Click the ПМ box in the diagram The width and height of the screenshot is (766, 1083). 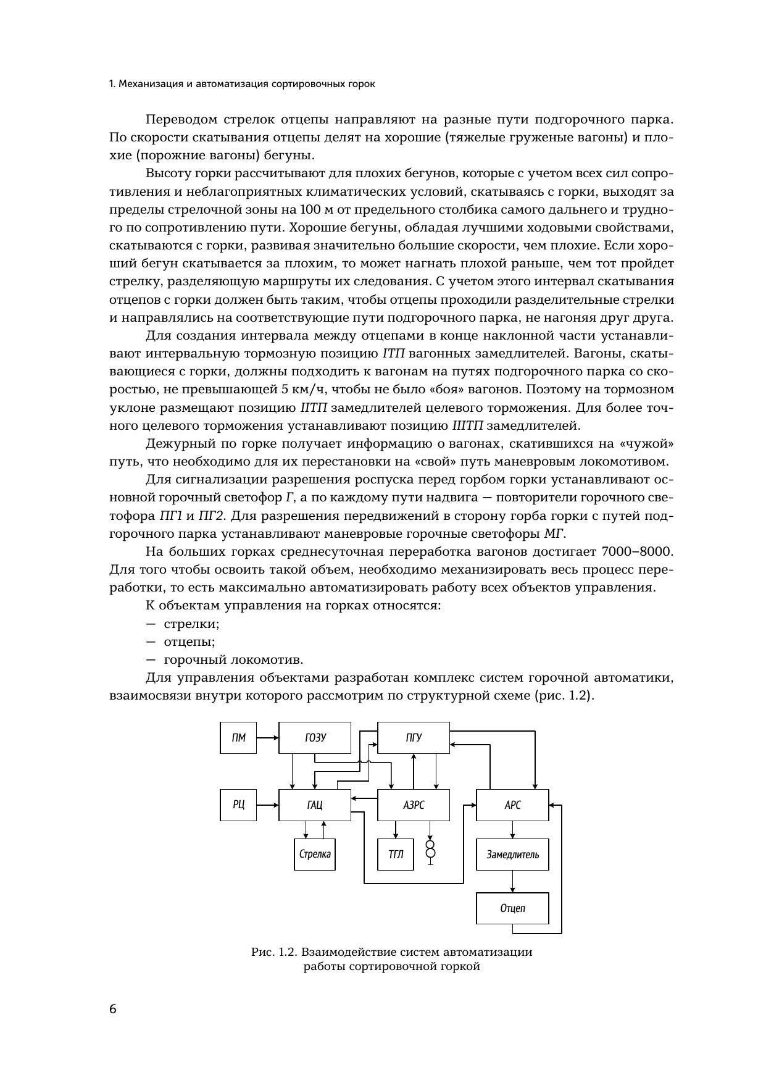238,738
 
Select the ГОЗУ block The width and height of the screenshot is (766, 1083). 315,738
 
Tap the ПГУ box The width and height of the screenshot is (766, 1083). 413,738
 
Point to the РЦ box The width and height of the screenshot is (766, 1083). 238,805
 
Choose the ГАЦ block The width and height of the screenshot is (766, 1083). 315,805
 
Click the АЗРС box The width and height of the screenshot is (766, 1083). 413,805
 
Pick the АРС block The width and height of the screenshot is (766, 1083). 512,805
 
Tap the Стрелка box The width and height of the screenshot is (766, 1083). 315,855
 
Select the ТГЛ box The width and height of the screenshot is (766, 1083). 396,855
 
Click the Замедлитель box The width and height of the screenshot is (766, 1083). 512,855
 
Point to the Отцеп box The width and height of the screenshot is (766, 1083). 512,908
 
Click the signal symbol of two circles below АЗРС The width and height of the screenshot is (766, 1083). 430,849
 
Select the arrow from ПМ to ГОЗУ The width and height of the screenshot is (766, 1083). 267,738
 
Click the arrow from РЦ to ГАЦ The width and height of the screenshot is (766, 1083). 267,805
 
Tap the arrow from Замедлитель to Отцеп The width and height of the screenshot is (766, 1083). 512,881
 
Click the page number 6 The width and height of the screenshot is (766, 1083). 112,1009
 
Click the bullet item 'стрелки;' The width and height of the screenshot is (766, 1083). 191,624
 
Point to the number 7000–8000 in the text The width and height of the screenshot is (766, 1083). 637,551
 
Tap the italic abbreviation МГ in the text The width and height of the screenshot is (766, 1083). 554,533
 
